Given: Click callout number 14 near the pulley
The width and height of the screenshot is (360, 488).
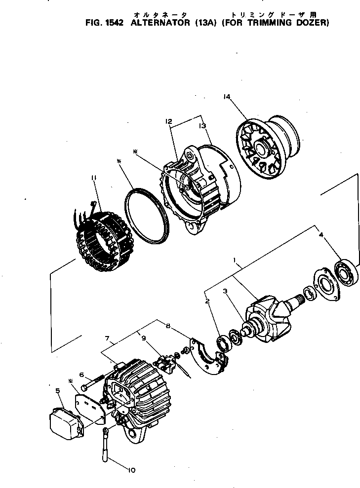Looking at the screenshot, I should [x=227, y=97].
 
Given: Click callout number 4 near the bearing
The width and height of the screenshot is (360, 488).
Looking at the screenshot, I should [x=321, y=235].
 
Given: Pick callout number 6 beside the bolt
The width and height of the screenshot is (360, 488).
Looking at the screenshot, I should [x=82, y=375].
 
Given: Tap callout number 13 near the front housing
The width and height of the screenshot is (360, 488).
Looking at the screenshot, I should [x=202, y=126].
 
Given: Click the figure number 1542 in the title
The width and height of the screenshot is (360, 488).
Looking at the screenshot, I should [x=112, y=23].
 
